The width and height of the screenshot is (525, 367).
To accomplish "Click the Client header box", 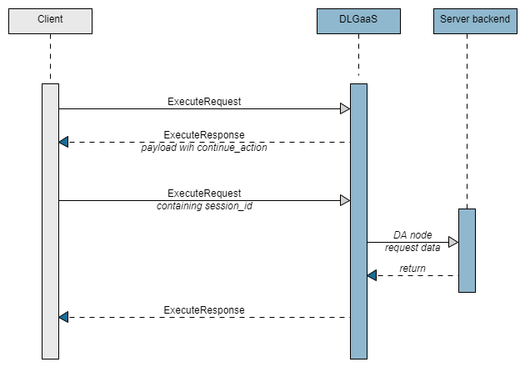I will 50,20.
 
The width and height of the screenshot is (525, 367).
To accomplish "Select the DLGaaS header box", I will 358,20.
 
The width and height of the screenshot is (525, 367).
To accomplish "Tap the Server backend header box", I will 474,20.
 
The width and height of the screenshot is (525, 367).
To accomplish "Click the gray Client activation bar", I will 50,221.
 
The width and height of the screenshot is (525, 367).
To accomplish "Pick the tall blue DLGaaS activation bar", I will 358,221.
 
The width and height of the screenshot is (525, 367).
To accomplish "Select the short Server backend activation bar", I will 467,250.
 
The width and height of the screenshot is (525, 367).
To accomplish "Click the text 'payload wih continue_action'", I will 204,147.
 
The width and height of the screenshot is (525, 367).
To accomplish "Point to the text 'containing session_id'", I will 204,205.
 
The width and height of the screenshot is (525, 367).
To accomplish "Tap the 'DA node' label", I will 412,235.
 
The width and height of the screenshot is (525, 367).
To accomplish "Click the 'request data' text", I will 412,248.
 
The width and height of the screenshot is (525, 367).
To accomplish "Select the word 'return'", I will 412,269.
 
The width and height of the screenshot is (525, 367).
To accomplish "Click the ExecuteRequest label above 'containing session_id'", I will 204,193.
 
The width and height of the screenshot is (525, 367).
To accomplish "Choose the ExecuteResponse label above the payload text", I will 204,134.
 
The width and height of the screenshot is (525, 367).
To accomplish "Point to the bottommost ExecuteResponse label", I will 204,309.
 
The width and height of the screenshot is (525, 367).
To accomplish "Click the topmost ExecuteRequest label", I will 204,101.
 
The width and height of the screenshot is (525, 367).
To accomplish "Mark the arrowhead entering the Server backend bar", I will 453,242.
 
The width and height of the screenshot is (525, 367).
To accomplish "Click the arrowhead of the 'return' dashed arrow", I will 372,275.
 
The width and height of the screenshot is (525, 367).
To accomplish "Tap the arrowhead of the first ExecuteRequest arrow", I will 345,108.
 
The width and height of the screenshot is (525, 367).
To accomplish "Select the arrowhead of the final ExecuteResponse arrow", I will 63,317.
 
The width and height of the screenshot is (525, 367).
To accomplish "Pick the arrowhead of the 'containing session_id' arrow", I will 345,200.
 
